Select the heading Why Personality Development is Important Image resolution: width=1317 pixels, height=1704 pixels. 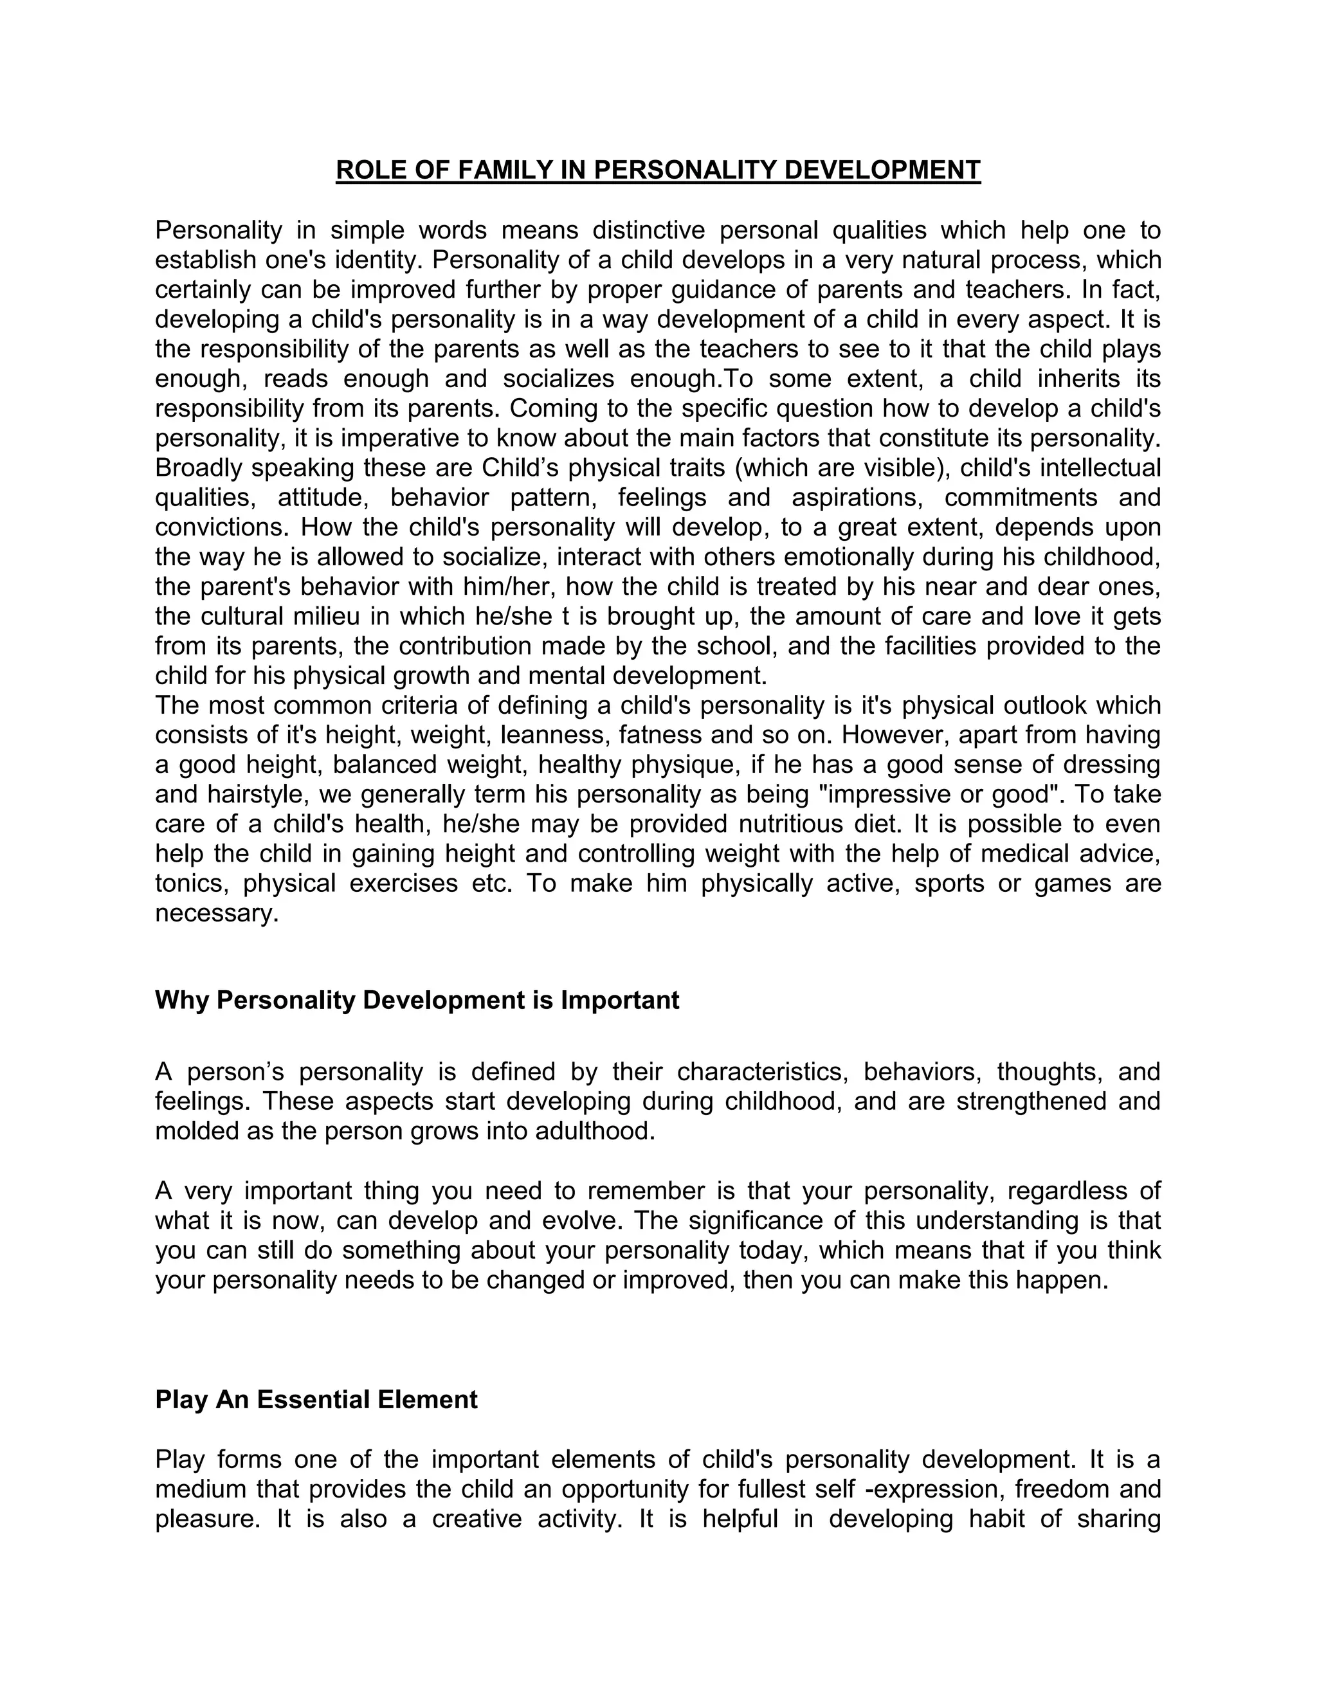click(417, 1001)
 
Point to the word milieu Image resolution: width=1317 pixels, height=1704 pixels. click(325, 617)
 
